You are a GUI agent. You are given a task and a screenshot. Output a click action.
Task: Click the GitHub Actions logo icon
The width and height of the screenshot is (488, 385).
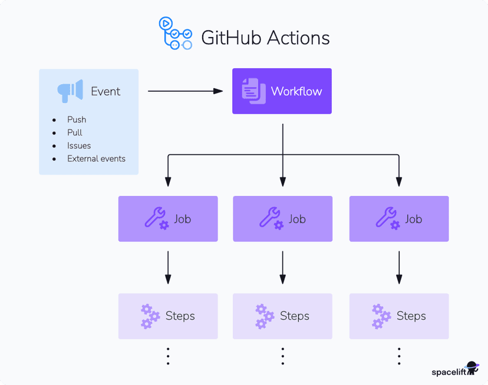[x=175, y=34]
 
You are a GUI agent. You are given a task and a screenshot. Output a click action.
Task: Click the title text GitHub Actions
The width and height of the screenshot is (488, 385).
[x=265, y=38]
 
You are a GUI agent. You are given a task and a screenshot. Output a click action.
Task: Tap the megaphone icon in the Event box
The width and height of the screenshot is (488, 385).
[x=70, y=91]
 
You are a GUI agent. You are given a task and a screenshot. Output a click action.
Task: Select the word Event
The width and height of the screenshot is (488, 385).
[x=105, y=92]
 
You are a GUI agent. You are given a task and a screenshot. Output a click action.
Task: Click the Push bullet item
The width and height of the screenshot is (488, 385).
[x=77, y=120]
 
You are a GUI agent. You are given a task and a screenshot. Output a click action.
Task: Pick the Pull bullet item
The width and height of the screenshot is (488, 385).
[x=75, y=132]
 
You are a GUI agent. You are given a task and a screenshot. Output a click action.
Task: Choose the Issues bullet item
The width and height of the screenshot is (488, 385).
[x=79, y=145]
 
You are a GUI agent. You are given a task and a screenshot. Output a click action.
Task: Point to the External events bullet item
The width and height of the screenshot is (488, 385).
[x=96, y=158]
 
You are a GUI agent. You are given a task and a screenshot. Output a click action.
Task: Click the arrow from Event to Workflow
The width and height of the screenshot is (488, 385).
[x=185, y=91]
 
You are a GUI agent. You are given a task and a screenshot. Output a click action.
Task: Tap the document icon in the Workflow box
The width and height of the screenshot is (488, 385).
[x=254, y=91]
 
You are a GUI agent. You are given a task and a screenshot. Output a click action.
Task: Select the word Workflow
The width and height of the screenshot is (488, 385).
[x=296, y=92]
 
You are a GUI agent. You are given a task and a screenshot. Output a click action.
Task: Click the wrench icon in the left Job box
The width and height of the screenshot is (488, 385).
[x=156, y=218]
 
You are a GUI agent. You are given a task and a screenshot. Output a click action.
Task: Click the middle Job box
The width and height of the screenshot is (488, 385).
[x=282, y=219]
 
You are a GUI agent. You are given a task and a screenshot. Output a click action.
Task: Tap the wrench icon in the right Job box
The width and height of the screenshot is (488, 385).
[x=387, y=218]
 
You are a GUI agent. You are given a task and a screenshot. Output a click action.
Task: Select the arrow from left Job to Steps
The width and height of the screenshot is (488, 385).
[x=168, y=267]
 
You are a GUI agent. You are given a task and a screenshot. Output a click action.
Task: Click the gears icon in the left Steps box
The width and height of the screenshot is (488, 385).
[x=150, y=316]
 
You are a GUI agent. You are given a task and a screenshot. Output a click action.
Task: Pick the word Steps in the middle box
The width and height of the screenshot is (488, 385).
[x=295, y=316]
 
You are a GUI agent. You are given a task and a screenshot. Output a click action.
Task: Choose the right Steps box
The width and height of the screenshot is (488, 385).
[x=399, y=316]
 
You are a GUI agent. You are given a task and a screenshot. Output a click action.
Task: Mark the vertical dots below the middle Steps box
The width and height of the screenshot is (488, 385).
[x=283, y=356]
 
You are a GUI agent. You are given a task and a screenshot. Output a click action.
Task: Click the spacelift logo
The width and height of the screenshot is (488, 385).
[x=455, y=370]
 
